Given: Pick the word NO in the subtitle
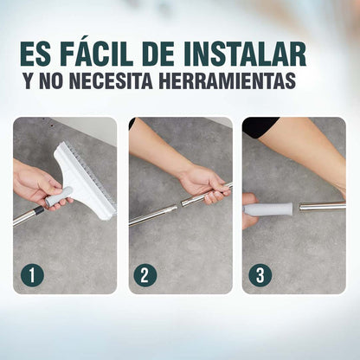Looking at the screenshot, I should [x=63, y=82].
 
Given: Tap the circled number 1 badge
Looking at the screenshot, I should [x=32, y=275].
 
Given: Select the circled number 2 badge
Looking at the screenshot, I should [x=145, y=275].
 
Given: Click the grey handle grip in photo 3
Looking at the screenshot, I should [x=271, y=209].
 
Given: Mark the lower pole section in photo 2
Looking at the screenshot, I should [x=154, y=214].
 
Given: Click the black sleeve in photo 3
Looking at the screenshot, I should [x=260, y=126].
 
